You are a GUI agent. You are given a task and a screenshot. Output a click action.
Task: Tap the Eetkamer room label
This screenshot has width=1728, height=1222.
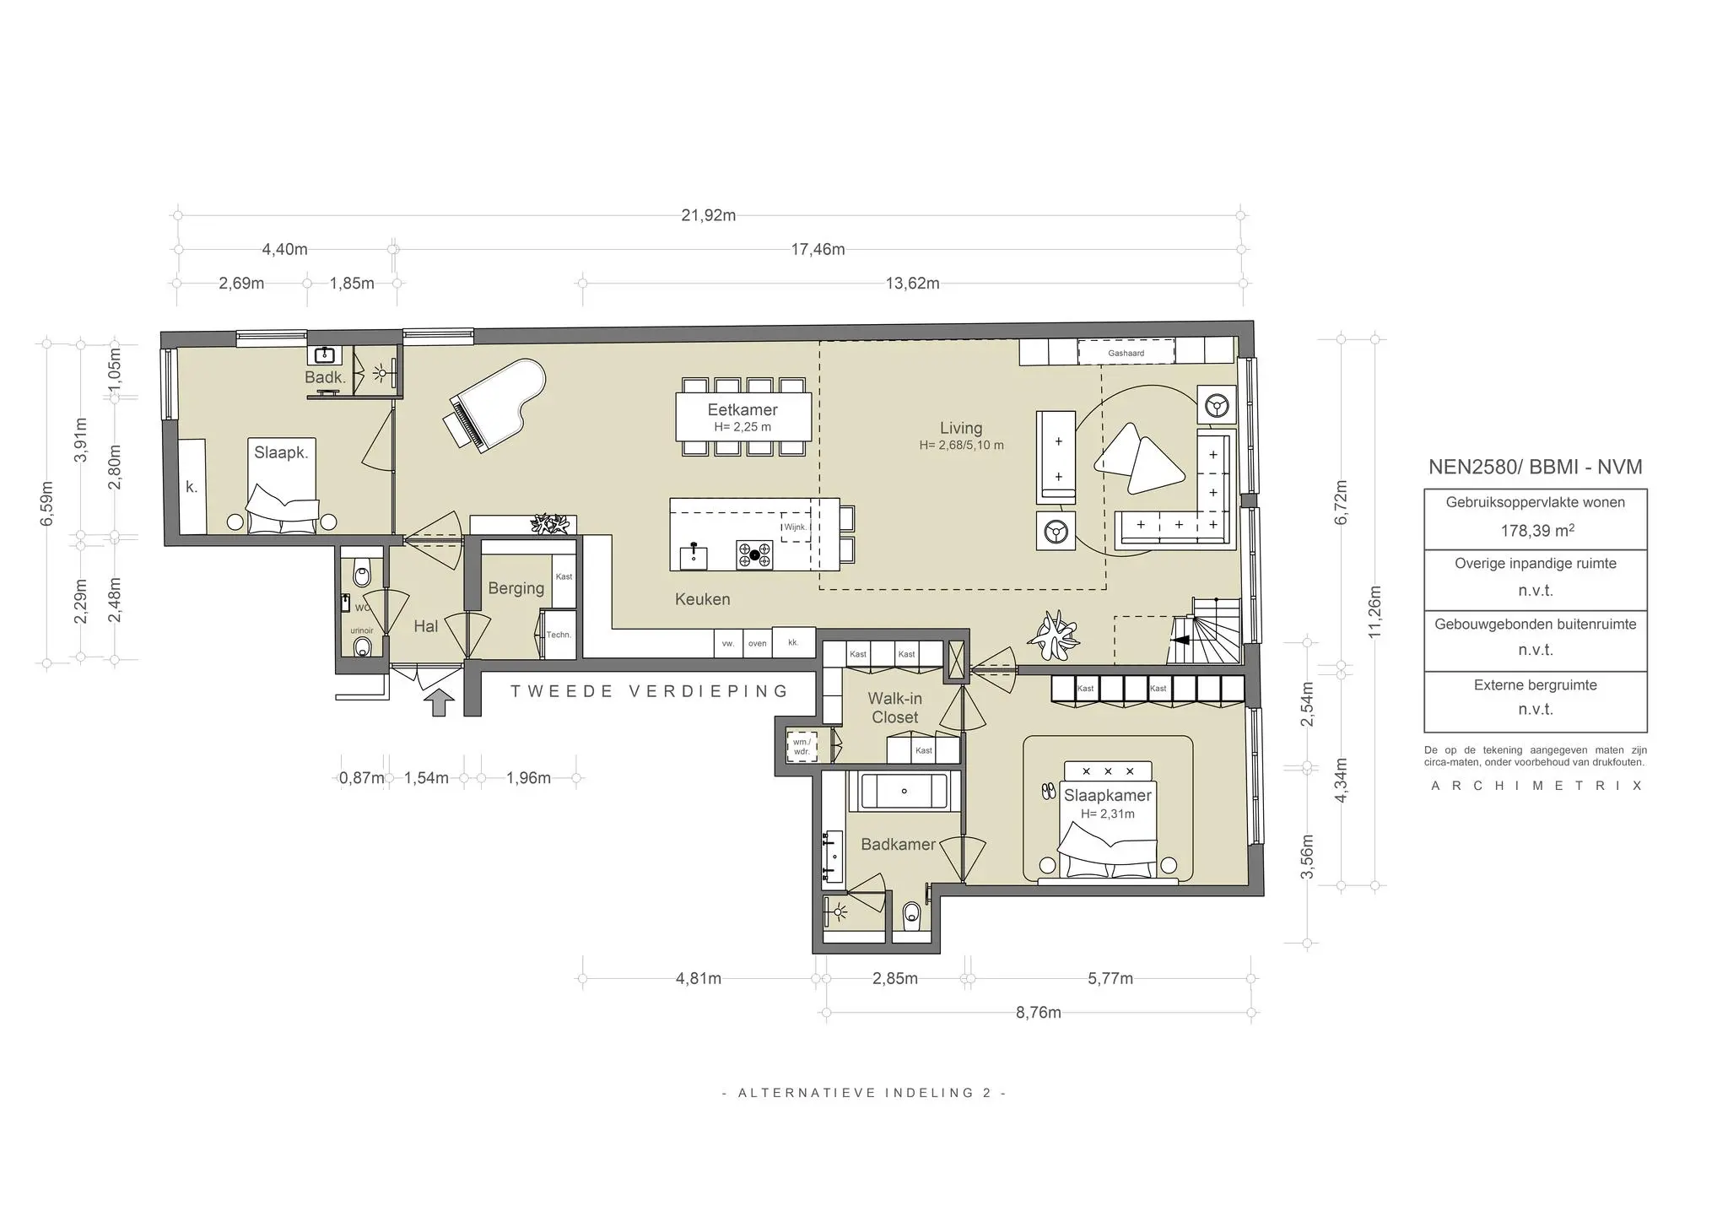click(742, 410)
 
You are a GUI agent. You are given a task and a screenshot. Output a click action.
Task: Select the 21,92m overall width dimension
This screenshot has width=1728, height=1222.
click(708, 215)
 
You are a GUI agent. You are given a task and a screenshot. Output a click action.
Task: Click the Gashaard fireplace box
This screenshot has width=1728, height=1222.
click(1126, 353)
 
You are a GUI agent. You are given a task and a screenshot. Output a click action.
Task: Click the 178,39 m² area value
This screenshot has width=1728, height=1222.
click(1535, 531)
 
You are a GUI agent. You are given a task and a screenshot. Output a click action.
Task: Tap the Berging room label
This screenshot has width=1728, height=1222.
click(516, 588)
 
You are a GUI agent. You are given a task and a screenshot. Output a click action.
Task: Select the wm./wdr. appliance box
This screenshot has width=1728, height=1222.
click(801, 747)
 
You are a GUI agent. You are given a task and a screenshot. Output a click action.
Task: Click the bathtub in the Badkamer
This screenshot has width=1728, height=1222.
click(904, 792)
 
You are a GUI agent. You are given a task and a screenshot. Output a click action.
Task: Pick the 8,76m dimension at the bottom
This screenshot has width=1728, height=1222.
click(1038, 1013)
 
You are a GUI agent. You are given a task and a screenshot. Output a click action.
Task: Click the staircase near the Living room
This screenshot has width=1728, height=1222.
click(1207, 633)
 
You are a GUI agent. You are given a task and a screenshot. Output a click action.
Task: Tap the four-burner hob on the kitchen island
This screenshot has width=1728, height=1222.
click(754, 554)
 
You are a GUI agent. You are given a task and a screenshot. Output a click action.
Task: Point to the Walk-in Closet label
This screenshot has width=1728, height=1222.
click(894, 708)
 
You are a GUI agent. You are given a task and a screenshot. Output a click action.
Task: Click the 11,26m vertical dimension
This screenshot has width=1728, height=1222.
click(1374, 612)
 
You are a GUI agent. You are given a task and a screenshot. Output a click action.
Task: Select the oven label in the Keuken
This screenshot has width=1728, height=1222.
click(757, 644)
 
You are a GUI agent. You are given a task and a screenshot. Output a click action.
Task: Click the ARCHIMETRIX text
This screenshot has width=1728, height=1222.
click(1536, 786)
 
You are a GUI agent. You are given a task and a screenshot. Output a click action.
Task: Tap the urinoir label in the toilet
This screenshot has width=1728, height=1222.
click(362, 630)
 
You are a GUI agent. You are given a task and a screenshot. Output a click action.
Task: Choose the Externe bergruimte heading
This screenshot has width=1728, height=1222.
click(1535, 685)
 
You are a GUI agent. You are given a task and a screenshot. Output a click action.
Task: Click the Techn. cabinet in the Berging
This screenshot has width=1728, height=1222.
click(558, 635)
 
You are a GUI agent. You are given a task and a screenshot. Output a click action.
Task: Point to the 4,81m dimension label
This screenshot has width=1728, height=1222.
click(698, 979)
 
